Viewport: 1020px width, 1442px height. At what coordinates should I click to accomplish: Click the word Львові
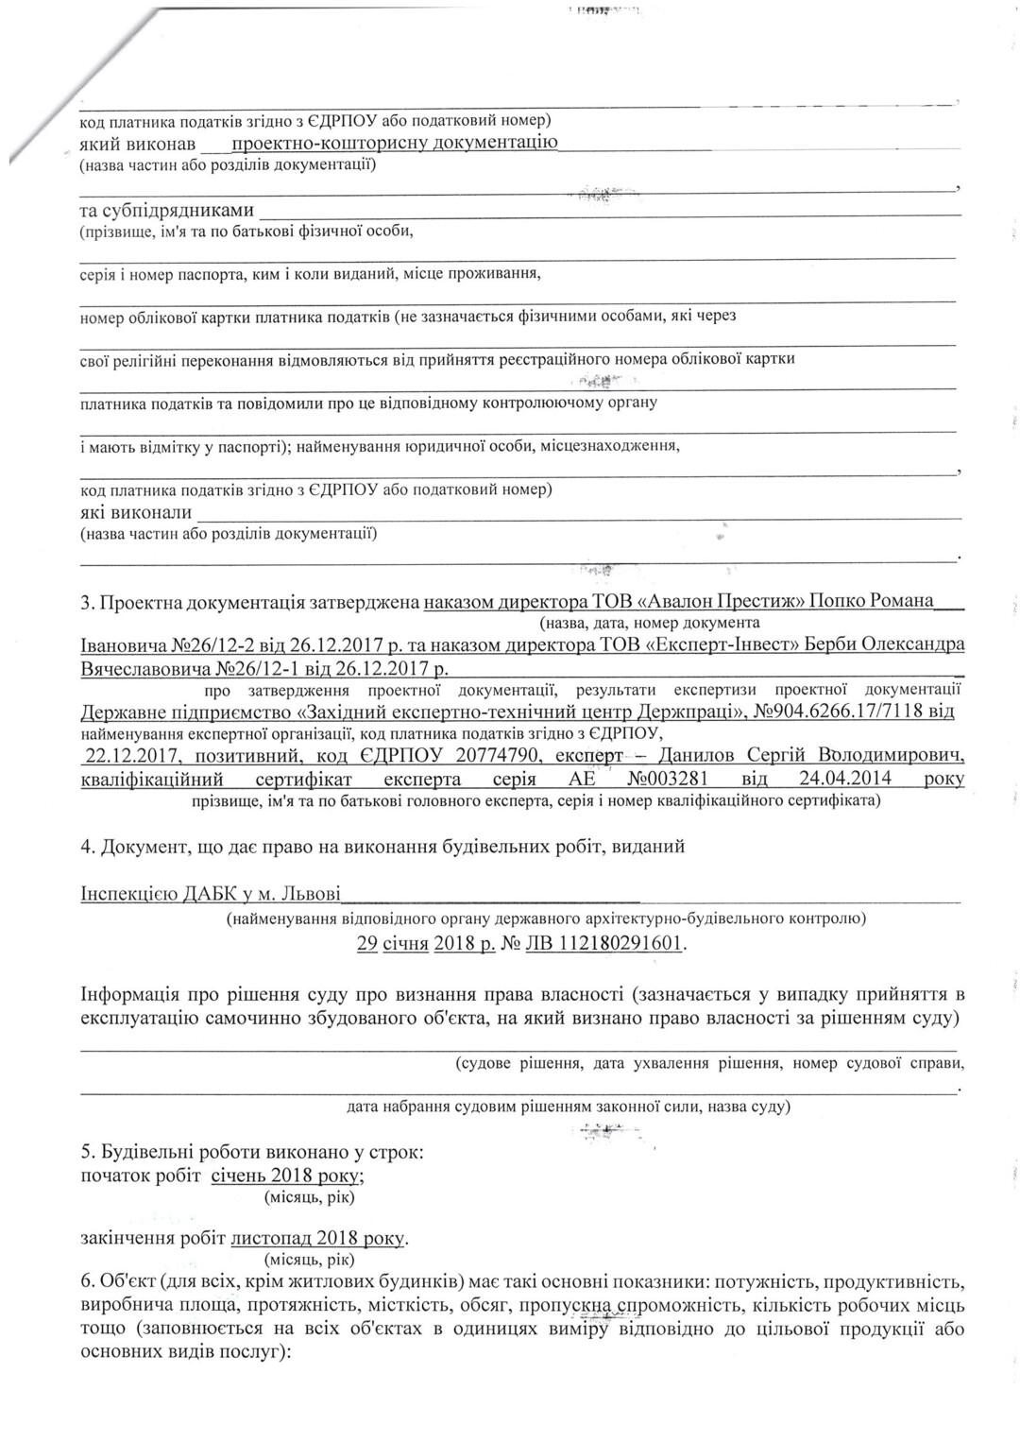(311, 893)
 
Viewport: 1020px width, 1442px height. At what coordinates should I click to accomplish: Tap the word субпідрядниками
(166, 210)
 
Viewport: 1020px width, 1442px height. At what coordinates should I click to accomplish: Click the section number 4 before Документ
(86, 847)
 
